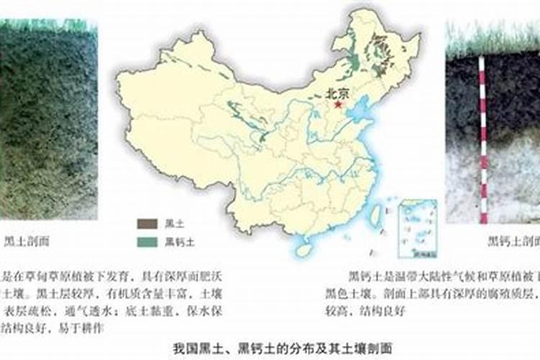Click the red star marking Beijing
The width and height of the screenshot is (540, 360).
point(338,104)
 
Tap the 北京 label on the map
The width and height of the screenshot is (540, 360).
point(338,93)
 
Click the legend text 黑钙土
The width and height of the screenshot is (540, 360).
point(177,241)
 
